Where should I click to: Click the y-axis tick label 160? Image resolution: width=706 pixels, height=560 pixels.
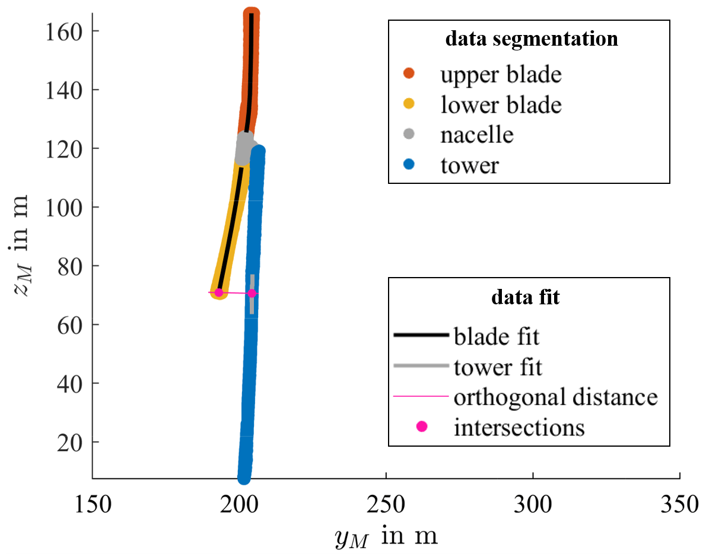pyautogui.click(x=64, y=31)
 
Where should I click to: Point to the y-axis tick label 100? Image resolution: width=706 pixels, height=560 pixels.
pyautogui.click(x=64, y=207)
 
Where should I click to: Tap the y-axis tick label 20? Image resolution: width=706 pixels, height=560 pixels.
pyautogui.click(x=70, y=442)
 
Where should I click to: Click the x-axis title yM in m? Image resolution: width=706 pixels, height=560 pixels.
pyautogui.click(x=385, y=536)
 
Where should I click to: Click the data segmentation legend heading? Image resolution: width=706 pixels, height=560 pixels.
pyautogui.click(x=531, y=40)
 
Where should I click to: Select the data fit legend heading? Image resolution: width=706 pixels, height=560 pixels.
pyautogui.click(x=525, y=297)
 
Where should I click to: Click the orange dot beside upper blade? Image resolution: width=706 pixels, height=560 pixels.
pyautogui.click(x=409, y=75)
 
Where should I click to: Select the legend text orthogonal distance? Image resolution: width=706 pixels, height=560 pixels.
pyautogui.click(x=555, y=397)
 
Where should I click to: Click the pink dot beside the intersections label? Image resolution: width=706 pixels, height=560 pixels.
pyautogui.click(x=421, y=427)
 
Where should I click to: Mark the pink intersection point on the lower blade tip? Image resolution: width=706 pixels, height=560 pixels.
pyautogui.click(x=218, y=292)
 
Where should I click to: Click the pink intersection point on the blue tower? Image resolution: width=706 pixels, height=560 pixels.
pyautogui.click(x=252, y=293)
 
